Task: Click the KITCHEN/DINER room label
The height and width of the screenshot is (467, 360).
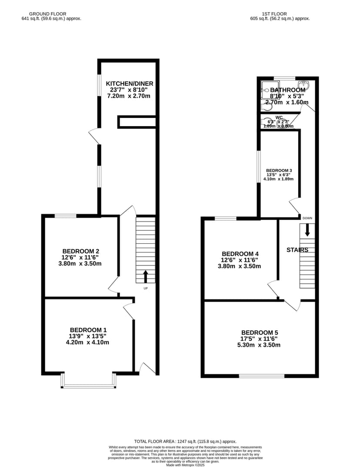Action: [130, 84]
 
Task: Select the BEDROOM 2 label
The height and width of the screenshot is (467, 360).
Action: [81, 251]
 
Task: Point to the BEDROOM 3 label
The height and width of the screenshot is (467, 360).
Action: [279, 170]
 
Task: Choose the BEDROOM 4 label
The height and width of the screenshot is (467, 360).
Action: [240, 254]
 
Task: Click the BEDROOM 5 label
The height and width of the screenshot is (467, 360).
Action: [260, 332]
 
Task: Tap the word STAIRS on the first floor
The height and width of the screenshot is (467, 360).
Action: [297, 250]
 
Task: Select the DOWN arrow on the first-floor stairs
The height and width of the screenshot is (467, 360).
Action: [307, 229]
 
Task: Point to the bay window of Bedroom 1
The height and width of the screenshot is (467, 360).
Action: [89, 386]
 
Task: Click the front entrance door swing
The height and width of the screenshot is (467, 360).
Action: [147, 368]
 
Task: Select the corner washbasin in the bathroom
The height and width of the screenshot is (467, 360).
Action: [303, 85]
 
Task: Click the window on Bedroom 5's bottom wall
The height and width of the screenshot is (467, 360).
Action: [262, 376]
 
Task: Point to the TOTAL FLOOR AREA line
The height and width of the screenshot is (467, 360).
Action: [185, 441]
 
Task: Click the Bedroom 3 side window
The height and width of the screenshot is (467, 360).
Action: [258, 167]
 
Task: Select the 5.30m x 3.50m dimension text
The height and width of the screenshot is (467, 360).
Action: [260, 345]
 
